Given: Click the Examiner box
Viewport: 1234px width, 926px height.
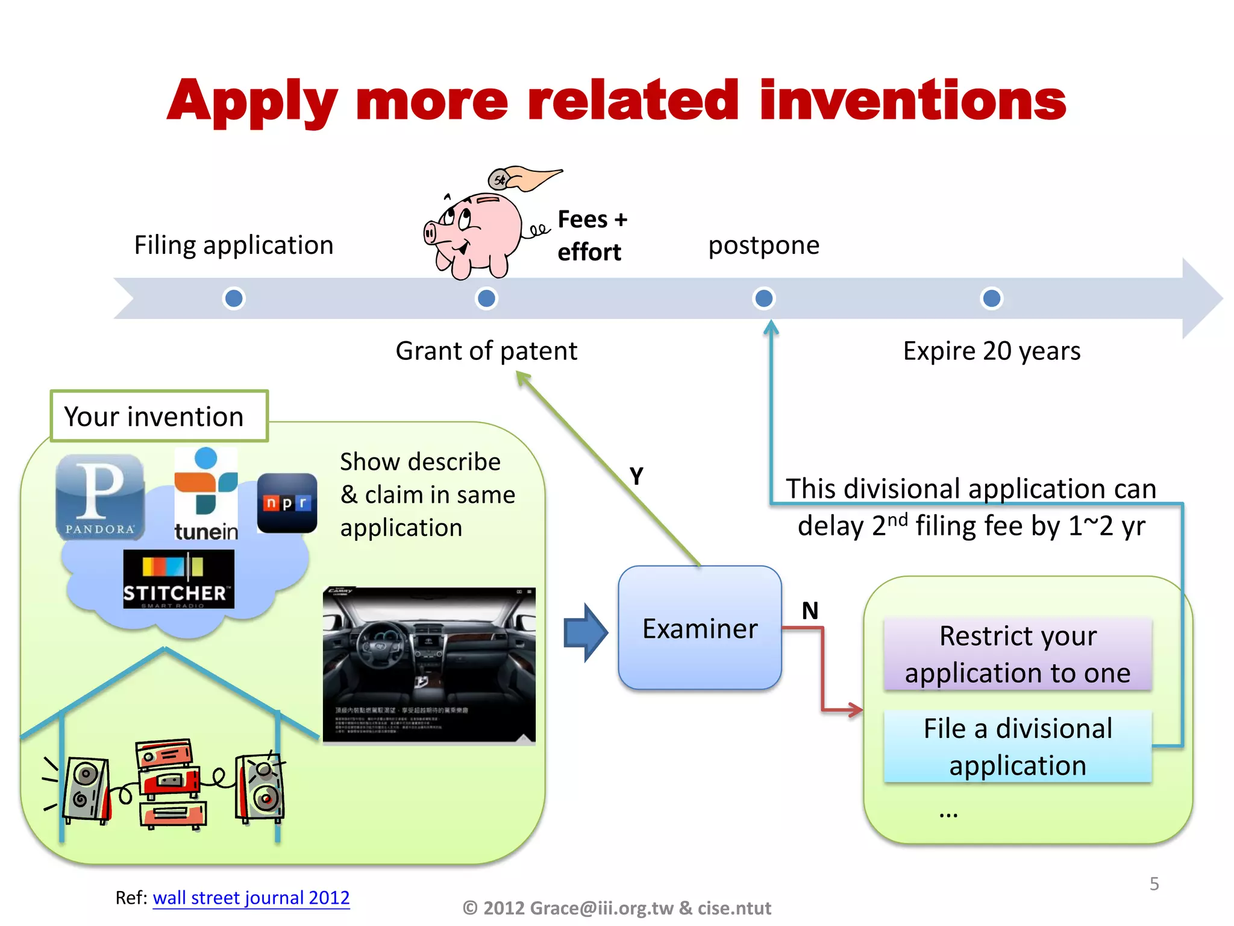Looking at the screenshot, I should click(x=700, y=628).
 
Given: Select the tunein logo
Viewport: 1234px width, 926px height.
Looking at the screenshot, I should click(x=205, y=494).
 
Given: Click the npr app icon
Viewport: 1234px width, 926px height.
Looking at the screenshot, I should click(x=287, y=503).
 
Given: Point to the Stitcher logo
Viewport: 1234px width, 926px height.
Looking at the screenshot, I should click(x=178, y=579).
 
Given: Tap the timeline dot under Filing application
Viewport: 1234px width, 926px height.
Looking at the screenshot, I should click(x=234, y=298).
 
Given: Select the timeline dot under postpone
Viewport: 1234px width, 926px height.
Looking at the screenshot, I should click(x=764, y=298).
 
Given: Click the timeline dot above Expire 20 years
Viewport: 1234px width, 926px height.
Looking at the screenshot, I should click(x=991, y=298).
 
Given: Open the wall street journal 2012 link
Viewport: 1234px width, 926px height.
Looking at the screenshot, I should click(x=251, y=898).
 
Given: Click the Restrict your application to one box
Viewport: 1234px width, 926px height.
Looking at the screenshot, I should click(x=1018, y=654).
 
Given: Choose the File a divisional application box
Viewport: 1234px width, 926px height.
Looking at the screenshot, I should click(x=1018, y=747).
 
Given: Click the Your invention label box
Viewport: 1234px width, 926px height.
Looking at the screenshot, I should click(x=159, y=416).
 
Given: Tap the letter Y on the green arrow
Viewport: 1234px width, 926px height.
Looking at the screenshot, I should click(x=636, y=476).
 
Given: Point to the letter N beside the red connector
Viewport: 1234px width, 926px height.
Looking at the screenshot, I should click(x=810, y=611).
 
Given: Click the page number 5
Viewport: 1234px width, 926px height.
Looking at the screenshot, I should click(x=1154, y=884).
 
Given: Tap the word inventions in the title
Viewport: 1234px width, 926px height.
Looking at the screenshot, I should click(x=912, y=100).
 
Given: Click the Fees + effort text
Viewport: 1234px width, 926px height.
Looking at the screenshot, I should click(x=592, y=236).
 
